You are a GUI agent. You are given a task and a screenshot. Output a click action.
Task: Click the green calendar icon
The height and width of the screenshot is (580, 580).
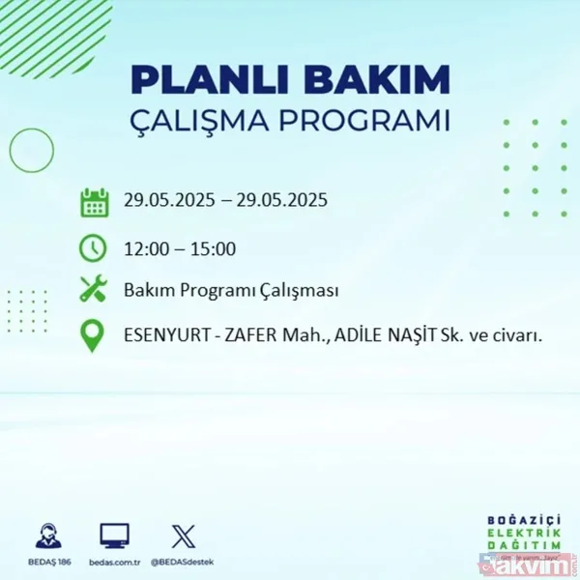click(x=94, y=203)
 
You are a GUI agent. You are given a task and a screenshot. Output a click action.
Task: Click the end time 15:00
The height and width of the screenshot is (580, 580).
click(x=213, y=248)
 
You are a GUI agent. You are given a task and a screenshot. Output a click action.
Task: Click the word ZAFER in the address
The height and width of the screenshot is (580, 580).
click(x=249, y=336)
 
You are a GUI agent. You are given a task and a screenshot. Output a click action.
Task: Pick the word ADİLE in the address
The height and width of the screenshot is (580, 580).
click(x=362, y=336)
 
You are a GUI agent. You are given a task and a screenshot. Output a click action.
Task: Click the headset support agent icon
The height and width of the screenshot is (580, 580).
click(x=47, y=536)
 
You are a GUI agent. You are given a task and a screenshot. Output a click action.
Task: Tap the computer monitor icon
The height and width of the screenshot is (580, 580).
click(x=114, y=536)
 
